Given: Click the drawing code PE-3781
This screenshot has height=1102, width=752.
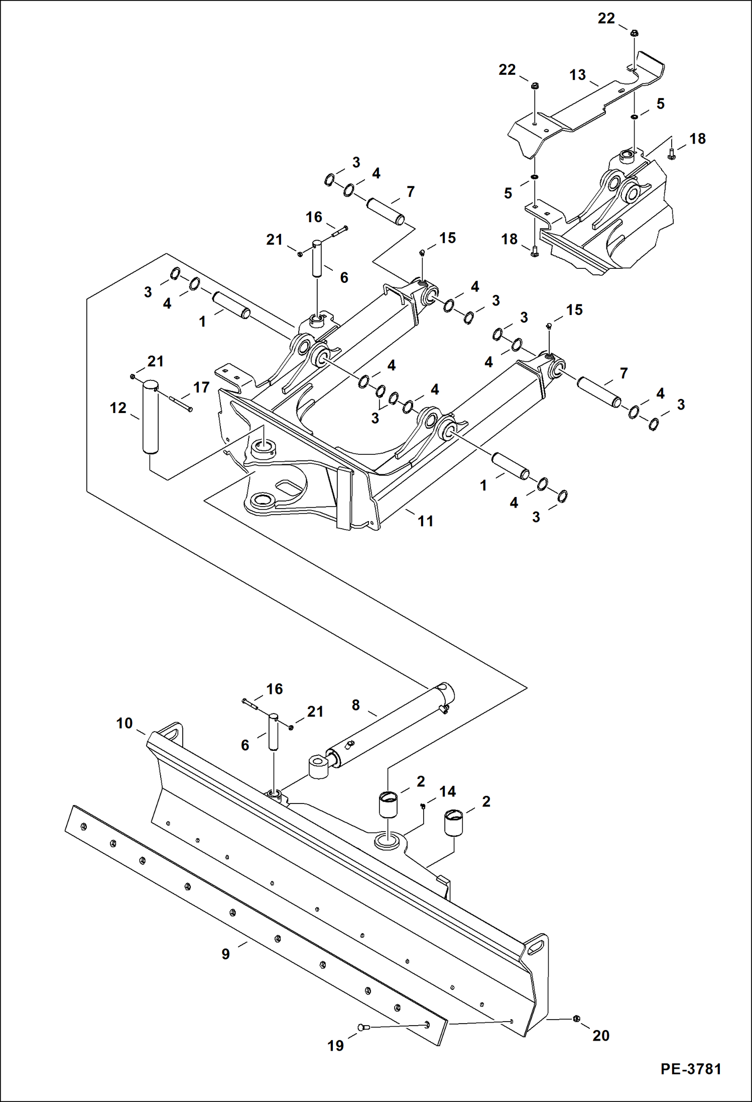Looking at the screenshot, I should pyautogui.click(x=691, y=1069).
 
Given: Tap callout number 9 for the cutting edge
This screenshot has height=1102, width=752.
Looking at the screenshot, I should pyautogui.click(x=226, y=954).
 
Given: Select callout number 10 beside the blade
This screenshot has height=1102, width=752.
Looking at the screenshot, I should pyautogui.click(x=124, y=723).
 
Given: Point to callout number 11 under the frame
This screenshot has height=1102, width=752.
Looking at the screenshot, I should pyautogui.click(x=426, y=521).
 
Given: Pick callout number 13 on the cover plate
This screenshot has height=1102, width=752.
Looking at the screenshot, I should pyautogui.click(x=577, y=75).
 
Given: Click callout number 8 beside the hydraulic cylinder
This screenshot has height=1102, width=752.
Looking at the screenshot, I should pyautogui.click(x=355, y=705).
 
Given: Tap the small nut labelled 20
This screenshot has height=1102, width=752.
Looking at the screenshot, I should pyautogui.click(x=576, y=1018).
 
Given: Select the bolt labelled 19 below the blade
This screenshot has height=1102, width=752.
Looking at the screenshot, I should pyautogui.click(x=363, y=1028).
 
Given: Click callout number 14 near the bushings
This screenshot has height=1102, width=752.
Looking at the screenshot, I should pyautogui.click(x=447, y=791).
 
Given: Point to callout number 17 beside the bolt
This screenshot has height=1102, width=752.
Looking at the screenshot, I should pyautogui.click(x=201, y=387).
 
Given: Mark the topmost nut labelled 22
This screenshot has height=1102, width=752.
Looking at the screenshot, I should pyautogui.click(x=634, y=34).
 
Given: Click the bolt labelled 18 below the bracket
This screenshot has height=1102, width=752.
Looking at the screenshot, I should pyautogui.click(x=534, y=252).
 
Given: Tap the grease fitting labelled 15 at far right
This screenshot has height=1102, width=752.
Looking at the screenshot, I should pyautogui.click(x=550, y=326).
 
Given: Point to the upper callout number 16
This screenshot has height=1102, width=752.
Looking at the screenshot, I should pyautogui.click(x=314, y=217).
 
